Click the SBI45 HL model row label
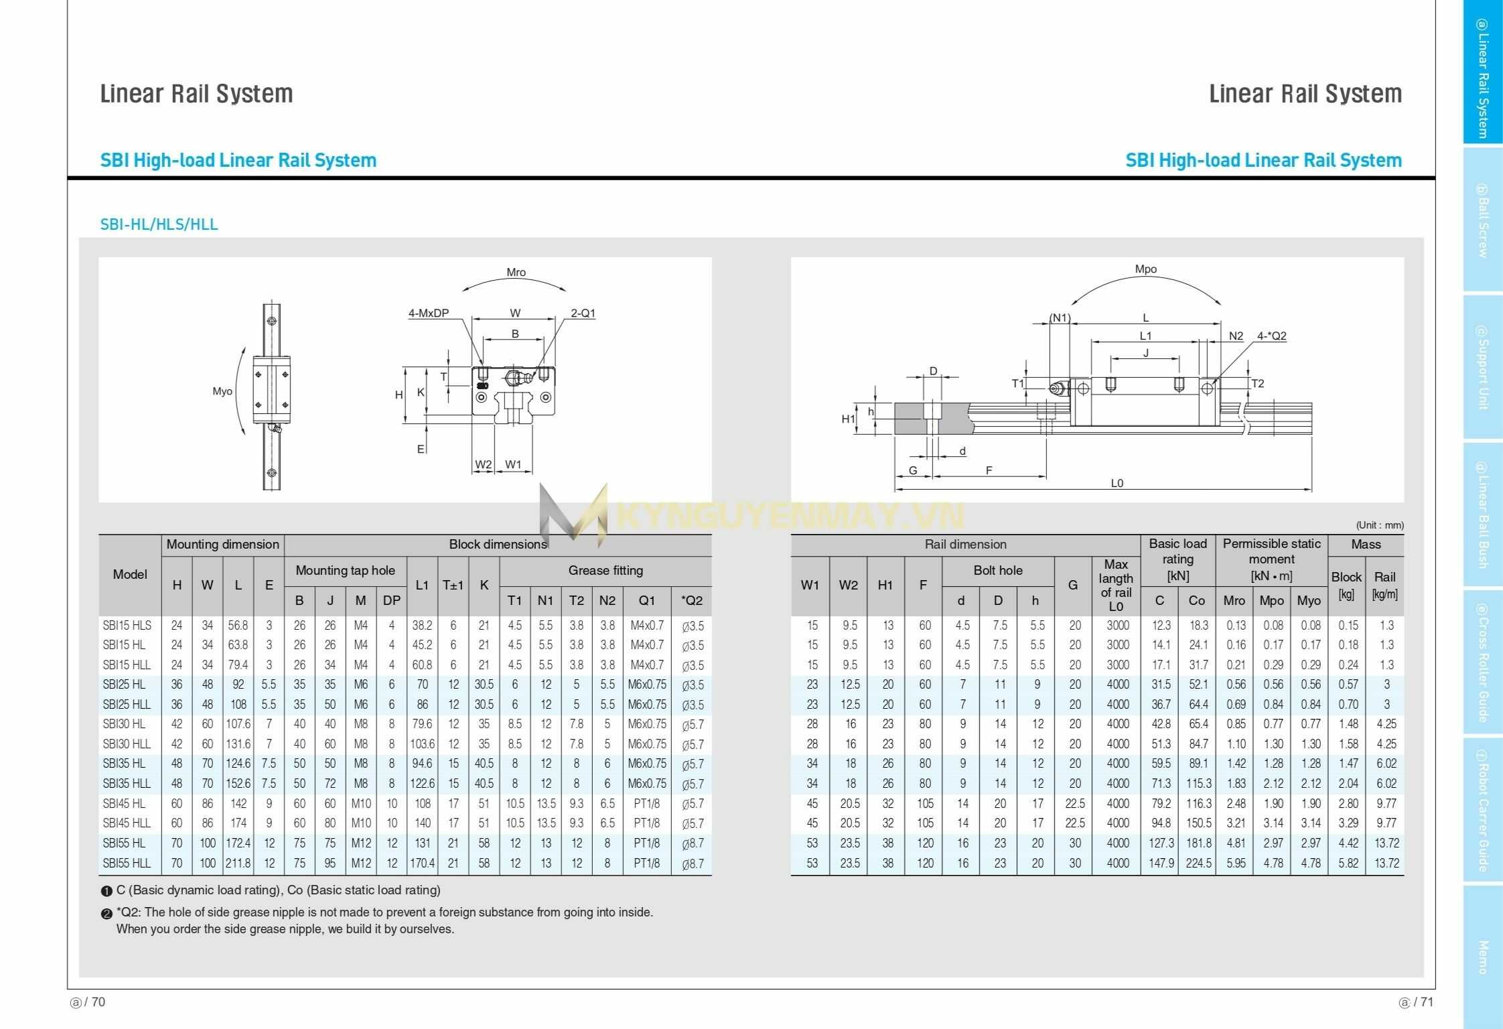[125, 803]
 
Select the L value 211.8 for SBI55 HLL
[238, 863]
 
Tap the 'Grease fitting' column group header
[605, 570]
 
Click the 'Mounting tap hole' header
[345, 570]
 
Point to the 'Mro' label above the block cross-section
[516, 273]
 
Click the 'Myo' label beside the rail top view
[222, 391]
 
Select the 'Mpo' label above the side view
[1145, 269]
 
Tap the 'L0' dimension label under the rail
[1117, 483]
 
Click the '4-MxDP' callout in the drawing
[429, 313]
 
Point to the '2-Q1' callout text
[583, 313]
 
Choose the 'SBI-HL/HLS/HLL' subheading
[159, 224]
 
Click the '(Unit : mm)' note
[1380, 525]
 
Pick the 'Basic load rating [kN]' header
[1177, 559]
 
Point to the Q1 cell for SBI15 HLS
[646, 625]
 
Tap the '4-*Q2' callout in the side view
[1271, 336]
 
